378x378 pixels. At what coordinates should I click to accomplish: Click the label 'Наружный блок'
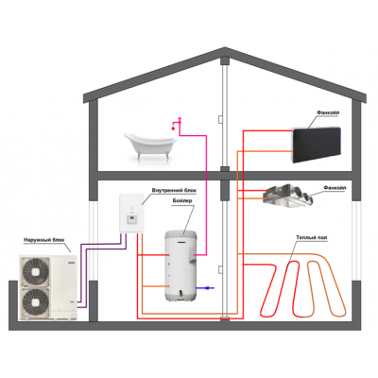pos(43,240)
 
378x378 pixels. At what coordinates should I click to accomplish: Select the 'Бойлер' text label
pos(182,200)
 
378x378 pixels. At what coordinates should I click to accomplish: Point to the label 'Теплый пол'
pos(312,237)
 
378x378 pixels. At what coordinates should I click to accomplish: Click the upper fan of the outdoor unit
pos(35,271)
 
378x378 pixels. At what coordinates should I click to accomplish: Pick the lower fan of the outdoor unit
pos(35,302)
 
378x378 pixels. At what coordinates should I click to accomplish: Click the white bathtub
pos(150,146)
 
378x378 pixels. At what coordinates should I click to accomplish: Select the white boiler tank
pos(180,266)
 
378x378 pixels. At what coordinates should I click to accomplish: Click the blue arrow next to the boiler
pos(205,288)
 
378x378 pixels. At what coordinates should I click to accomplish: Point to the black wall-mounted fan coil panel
pos(317,145)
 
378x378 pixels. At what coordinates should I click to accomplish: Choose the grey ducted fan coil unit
pos(288,196)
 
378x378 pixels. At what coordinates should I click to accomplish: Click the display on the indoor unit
pos(131,219)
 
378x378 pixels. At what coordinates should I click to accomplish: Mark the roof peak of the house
pos(225,48)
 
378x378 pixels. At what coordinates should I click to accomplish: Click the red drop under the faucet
pos(173,129)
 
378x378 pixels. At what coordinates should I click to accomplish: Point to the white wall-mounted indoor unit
pos(131,214)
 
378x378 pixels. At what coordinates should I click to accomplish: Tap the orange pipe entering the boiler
pos(156,286)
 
